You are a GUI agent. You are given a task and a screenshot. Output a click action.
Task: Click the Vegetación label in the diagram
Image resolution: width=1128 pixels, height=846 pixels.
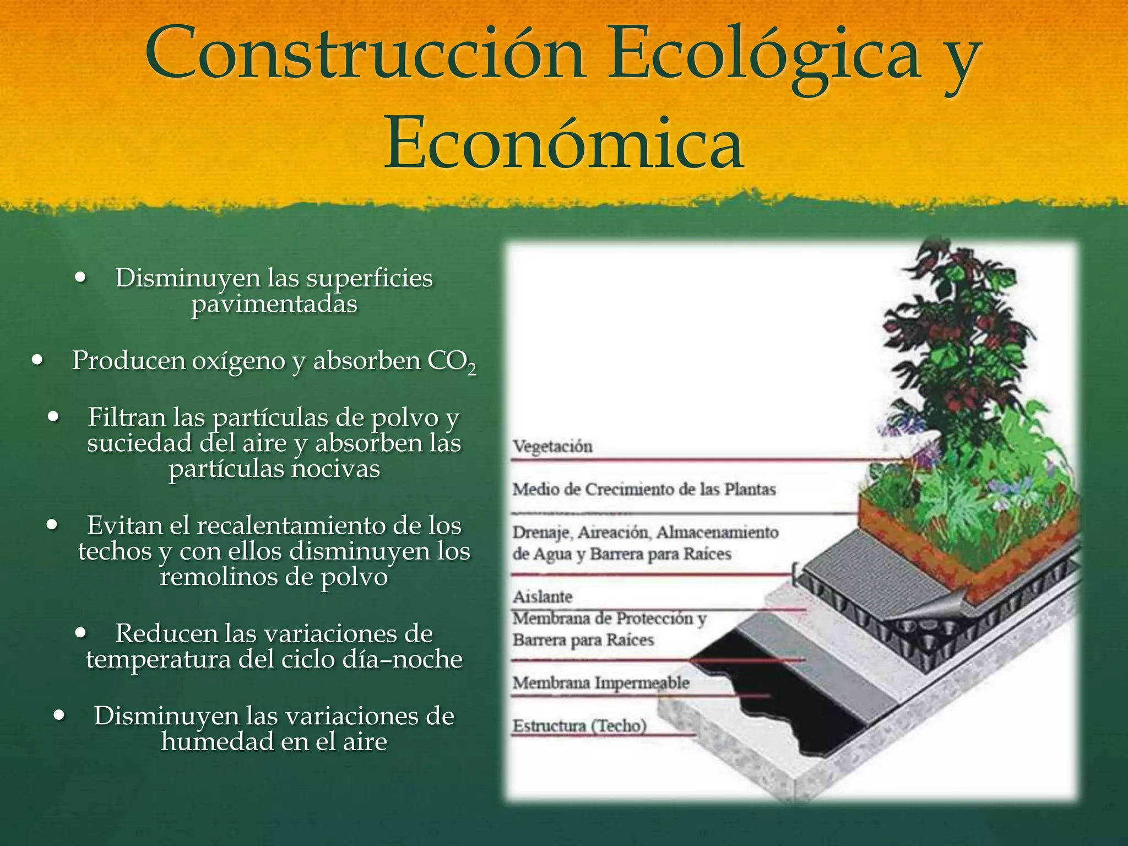[552, 446]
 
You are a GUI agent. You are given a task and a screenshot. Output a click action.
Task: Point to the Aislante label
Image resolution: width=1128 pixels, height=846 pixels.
[543, 596]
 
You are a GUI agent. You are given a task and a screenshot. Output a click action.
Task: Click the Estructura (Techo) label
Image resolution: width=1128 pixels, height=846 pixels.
[579, 726]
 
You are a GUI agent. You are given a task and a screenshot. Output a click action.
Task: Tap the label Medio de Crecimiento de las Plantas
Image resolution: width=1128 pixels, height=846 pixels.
[644, 489]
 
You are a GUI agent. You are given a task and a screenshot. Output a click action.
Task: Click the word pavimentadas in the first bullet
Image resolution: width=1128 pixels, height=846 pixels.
[274, 304]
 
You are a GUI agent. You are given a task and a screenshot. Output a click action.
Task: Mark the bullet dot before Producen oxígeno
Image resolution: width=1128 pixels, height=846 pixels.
[37, 361]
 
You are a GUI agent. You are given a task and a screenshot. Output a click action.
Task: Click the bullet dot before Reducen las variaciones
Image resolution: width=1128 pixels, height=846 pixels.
[81, 633]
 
